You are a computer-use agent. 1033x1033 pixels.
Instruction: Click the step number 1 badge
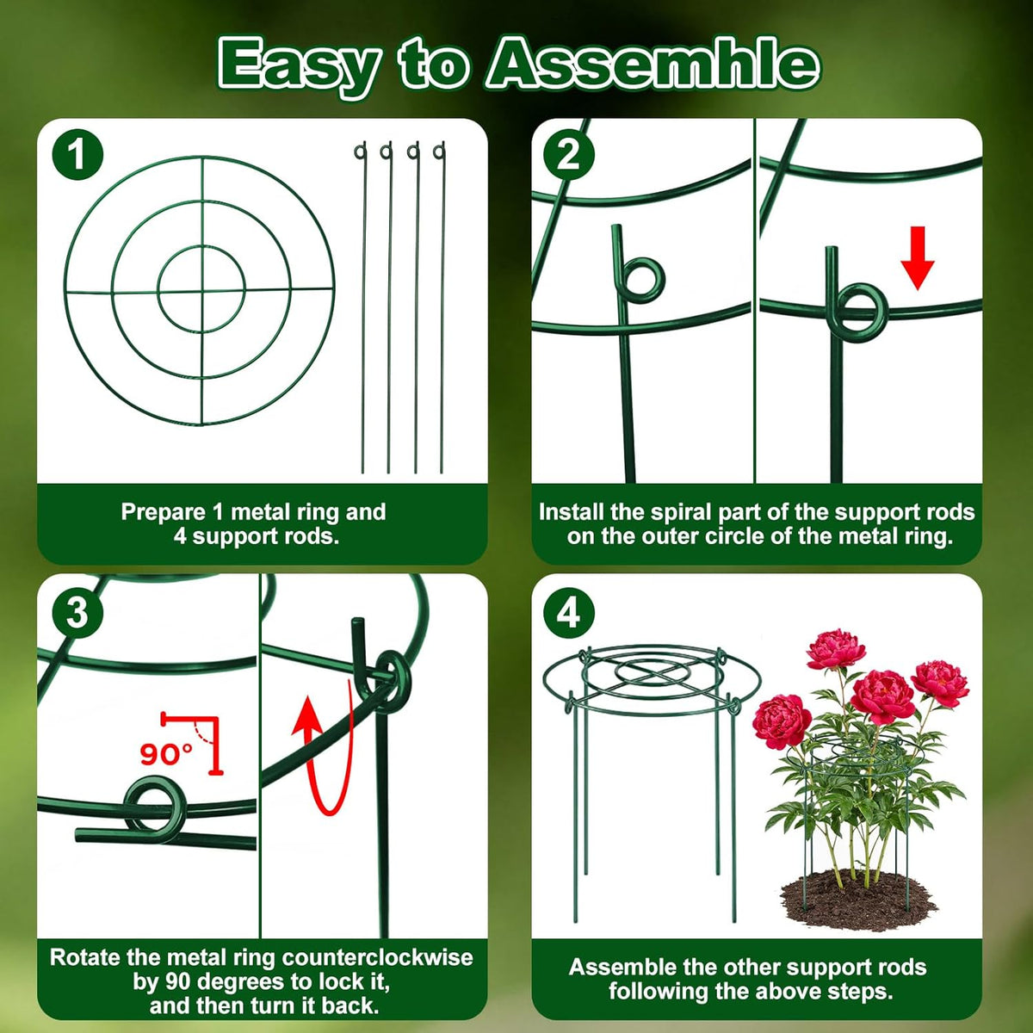coord(77,154)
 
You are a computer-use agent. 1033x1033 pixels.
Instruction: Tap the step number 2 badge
coord(569,154)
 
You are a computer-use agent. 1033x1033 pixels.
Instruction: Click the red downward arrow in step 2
coord(917,258)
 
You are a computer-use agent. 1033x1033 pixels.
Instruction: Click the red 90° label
coord(166,754)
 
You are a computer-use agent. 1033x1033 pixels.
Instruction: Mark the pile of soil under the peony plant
coord(857,897)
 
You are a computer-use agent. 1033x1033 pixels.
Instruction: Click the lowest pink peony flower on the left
coord(781,721)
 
